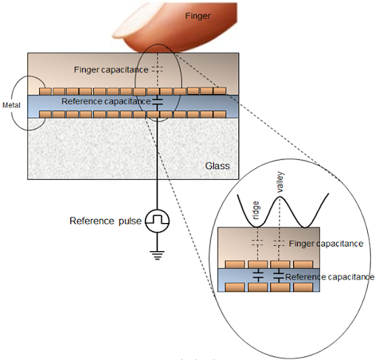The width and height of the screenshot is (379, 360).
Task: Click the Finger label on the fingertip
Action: point(198,16)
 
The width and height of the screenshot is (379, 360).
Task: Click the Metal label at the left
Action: point(11,105)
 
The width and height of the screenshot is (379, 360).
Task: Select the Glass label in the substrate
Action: point(218,166)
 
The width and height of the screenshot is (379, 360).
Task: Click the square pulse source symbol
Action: point(157,221)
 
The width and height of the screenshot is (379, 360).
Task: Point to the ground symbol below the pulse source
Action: point(157,256)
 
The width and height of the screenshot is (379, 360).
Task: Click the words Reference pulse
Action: point(106,221)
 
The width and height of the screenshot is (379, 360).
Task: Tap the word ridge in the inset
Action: point(256,210)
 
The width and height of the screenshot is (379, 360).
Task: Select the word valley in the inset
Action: point(281,182)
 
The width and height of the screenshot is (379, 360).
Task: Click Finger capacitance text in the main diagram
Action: point(111,70)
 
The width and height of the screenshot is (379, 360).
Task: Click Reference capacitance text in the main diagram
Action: point(106,101)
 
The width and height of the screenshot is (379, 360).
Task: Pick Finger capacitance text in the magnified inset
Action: point(326,244)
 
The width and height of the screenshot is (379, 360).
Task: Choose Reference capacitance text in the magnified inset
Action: point(330,277)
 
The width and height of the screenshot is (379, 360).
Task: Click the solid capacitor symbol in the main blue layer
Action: point(157,101)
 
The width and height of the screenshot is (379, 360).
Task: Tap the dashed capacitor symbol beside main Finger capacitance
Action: point(157,70)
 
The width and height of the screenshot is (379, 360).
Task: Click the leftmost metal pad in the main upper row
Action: point(46,91)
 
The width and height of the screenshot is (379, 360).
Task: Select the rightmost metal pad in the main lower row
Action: point(220,114)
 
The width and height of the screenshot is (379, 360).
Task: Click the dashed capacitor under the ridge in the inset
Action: point(258,243)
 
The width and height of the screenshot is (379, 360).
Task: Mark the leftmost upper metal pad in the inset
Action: point(235,264)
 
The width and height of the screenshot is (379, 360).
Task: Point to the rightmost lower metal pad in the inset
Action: point(303,287)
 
